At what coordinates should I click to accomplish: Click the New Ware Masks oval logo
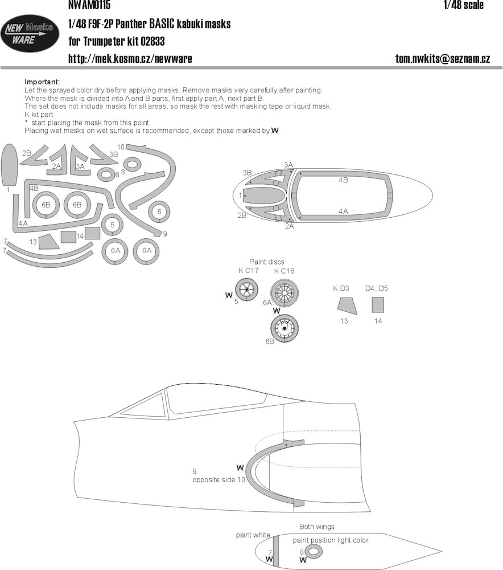pos(30,34)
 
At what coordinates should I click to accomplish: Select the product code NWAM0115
pos(89,5)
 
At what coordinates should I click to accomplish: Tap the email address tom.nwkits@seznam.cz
pos(442,59)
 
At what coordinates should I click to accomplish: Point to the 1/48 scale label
pos(463,5)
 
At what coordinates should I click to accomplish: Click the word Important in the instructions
pos(42,82)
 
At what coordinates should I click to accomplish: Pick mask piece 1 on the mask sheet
pos(10,164)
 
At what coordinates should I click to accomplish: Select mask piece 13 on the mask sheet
pos(48,241)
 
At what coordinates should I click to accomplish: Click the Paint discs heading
pos(266,262)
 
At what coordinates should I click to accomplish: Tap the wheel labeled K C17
pos(247,289)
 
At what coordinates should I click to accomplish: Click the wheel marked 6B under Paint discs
pos(285,328)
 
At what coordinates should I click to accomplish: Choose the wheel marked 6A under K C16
pos(285,293)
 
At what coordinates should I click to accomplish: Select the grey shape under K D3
pos(346,306)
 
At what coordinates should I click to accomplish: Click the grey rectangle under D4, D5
pos(378,305)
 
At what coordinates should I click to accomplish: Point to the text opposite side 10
pos(219,480)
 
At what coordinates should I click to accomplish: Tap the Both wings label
pos(317,527)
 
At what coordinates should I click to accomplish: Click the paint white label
pos(253,535)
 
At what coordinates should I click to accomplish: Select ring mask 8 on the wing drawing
pos(314,552)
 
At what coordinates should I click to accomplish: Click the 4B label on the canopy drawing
pos(343,180)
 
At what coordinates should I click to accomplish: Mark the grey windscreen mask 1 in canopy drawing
pos(263,196)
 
